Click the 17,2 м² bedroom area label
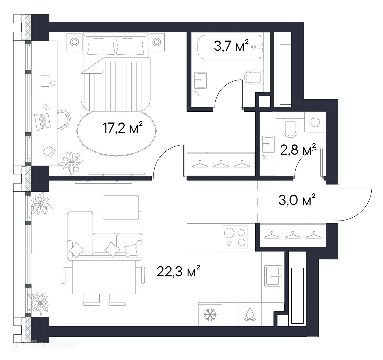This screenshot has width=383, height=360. point(123,128)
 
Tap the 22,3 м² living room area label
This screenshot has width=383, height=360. point(178,271)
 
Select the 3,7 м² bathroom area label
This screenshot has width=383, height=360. point(231,46)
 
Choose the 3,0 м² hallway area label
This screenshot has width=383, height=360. point(297,200)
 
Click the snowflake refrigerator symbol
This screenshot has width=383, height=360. point(210,315)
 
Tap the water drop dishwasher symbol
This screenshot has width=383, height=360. point(250,315)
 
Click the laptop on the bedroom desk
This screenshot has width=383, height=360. point(42,122)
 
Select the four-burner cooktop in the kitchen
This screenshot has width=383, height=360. point(235,237)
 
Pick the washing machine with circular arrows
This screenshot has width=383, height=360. point(315,122)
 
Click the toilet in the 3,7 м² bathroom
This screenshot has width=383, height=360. point(254,77)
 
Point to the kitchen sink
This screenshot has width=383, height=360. point(273,276)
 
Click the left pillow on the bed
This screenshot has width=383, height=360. point(101,46)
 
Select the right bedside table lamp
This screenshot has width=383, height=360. point(157,42)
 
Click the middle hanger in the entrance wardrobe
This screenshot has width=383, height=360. point(293,235)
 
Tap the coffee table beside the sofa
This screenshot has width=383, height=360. point(121,207)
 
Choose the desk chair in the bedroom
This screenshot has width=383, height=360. point(64,119)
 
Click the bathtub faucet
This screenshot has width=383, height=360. point(258,47)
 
